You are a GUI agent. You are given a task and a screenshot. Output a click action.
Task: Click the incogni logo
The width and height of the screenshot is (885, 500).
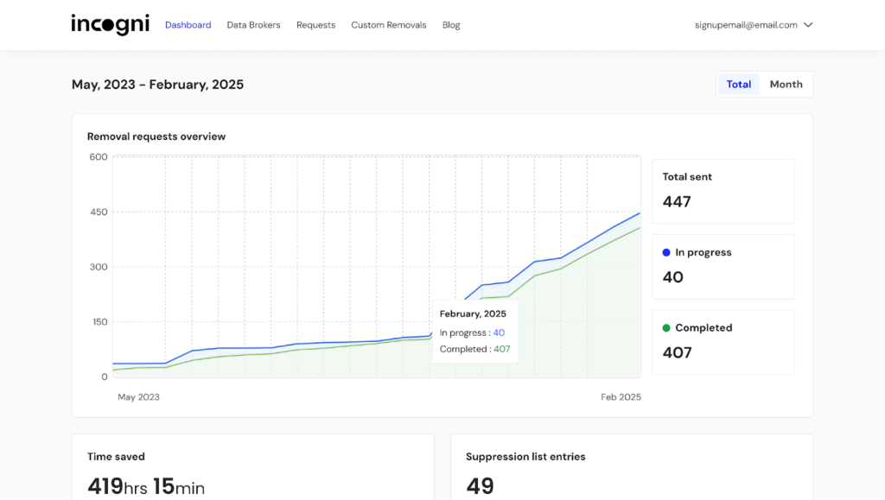point(111,24)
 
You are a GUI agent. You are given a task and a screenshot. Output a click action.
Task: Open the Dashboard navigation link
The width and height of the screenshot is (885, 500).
point(188,25)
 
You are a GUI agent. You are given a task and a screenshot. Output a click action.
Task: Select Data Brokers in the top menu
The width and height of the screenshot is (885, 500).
point(253,25)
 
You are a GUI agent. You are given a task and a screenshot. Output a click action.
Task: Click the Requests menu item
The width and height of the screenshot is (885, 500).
point(315,25)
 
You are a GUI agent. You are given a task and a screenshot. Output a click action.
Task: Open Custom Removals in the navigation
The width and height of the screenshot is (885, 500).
point(389,25)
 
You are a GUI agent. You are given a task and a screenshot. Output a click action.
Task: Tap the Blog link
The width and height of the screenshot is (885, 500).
point(451,25)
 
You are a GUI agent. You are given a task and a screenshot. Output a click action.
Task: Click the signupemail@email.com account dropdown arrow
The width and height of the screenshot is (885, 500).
point(808,25)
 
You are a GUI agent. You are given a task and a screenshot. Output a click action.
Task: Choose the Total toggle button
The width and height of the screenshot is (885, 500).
point(739,85)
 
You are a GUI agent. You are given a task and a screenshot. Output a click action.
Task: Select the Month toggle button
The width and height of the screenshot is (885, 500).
point(786,85)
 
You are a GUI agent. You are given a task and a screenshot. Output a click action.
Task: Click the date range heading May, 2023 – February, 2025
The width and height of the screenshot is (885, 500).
point(157,85)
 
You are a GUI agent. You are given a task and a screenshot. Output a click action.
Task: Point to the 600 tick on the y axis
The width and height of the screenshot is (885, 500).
point(99,157)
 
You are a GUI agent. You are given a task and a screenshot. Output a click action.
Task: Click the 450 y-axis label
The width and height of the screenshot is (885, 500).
point(99,212)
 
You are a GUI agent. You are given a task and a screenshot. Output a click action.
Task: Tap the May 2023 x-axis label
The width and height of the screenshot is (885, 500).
point(138,397)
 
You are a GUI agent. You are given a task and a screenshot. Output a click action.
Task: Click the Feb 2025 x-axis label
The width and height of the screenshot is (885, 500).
point(621,397)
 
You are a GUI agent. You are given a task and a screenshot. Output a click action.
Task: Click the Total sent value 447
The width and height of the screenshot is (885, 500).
point(677,202)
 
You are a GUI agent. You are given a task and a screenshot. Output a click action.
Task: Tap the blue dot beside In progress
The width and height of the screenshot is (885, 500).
point(666,253)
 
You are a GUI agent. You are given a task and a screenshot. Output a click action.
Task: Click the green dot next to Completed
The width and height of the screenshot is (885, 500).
point(666,328)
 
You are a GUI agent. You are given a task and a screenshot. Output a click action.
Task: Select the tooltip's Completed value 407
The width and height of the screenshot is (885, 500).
point(502,350)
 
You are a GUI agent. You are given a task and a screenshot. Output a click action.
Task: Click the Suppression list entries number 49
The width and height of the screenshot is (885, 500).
point(480,486)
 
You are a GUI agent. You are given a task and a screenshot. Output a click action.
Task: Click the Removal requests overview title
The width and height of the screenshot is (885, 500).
point(156,136)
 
